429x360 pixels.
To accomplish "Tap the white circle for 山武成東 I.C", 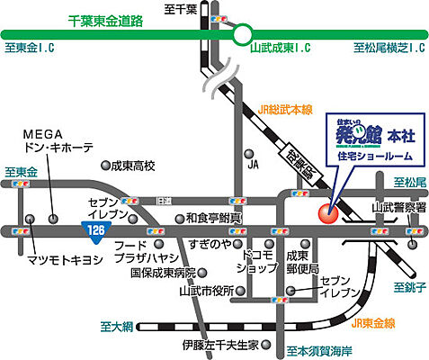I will (x=242, y=36).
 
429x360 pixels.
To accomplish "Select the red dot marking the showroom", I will (x=326, y=213).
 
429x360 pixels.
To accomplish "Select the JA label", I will (x=253, y=165).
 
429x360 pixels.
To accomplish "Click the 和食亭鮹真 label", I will (x=214, y=218).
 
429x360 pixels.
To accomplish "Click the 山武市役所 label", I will (x=207, y=291).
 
